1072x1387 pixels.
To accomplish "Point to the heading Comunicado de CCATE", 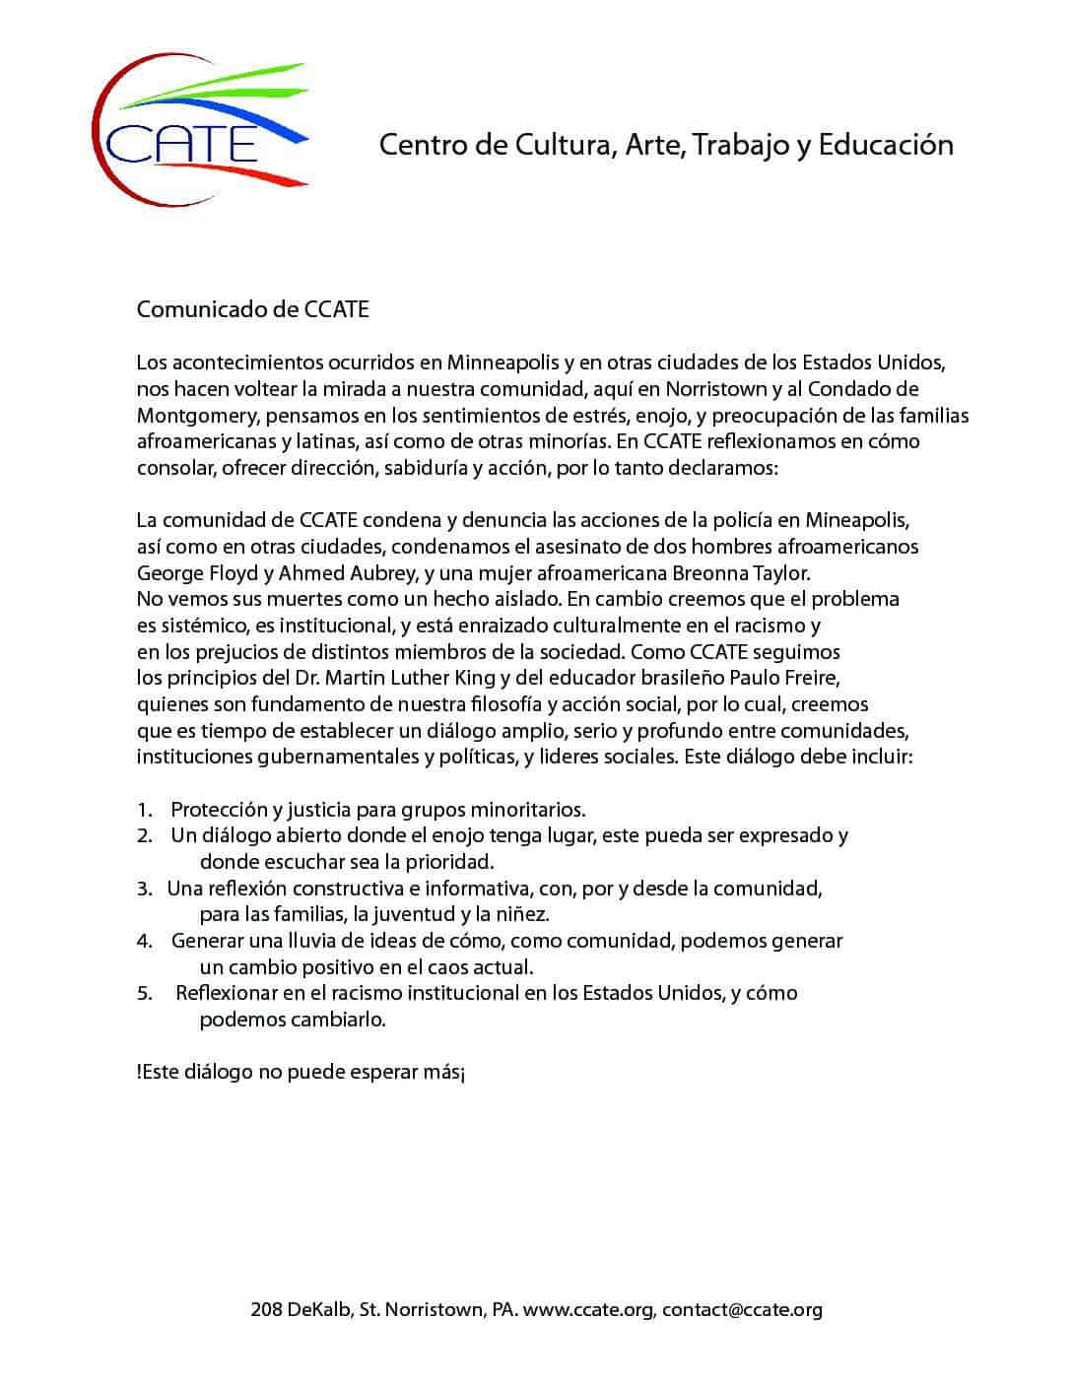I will [x=252, y=309].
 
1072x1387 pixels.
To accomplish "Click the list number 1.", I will [x=144, y=810].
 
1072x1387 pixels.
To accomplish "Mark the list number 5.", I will [x=144, y=993].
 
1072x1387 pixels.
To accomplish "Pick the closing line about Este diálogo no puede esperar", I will [x=301, y=1072].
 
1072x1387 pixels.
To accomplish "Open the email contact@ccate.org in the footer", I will [x=742, y=1310].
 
